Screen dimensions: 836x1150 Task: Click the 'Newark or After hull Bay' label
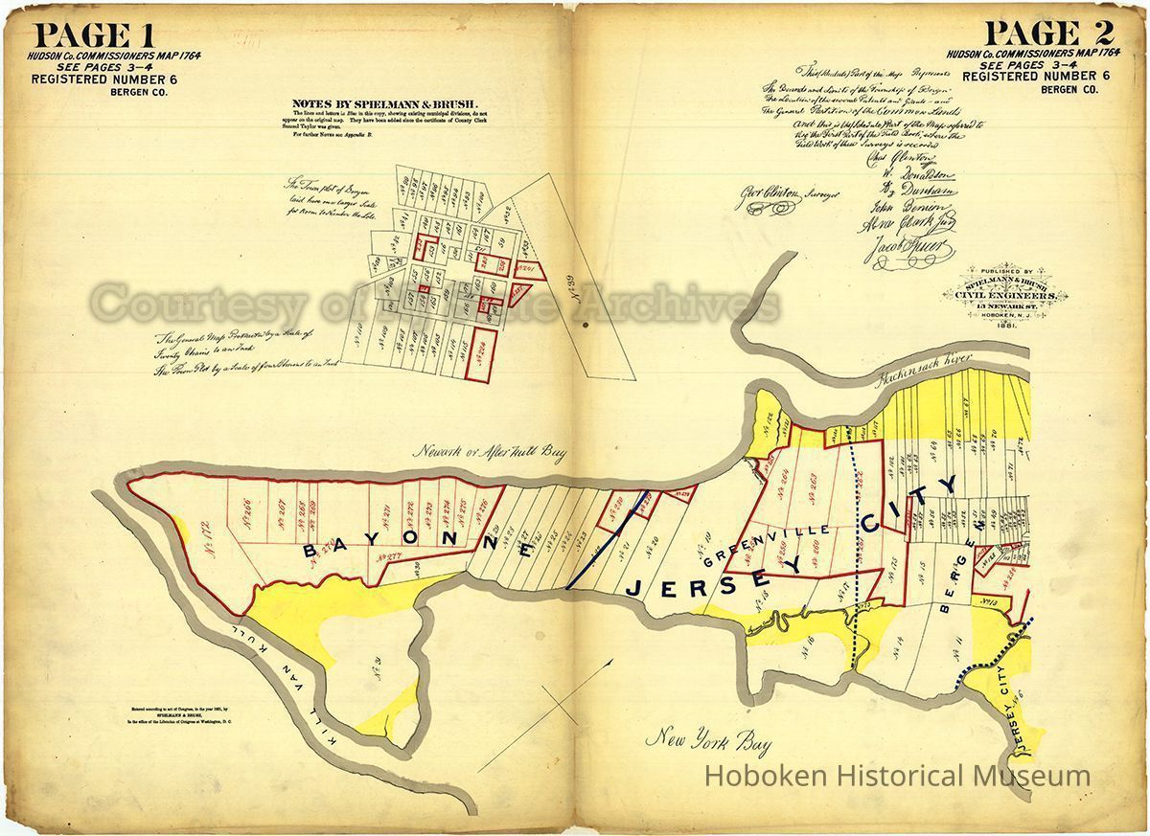(x=490, y=452)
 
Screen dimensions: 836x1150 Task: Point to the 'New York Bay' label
(x=708, y=739)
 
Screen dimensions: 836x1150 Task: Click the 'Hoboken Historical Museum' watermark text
(x=897, y=776)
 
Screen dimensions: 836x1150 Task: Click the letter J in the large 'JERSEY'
(x=635, y=587)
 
